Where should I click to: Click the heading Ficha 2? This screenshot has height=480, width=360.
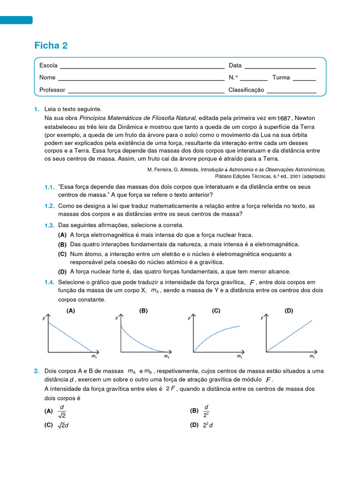[51, 45]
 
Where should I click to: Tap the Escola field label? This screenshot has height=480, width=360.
[48, 65]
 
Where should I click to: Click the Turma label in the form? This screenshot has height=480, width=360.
[281, 77]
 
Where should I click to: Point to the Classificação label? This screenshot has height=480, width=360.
[246, 90]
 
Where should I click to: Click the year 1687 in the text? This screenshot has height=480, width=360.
[284, 118]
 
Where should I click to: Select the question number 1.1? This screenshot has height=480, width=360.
[50, 187]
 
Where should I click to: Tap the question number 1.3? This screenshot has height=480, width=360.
[50, 225]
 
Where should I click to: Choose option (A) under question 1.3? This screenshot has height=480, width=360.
[62, 235]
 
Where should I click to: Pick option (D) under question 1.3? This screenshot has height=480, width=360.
[62, 271]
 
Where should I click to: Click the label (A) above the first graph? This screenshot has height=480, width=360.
[71, 310]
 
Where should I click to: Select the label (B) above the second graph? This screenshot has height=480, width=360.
[143, 310]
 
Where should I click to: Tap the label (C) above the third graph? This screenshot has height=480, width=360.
[216, 310]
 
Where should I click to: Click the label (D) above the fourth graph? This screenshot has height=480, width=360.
[289, 310]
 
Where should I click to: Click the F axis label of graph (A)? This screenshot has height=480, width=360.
[44, 319]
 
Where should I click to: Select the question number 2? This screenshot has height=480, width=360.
[37, 371]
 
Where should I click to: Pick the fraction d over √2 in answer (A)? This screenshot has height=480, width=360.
[62, 411]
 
